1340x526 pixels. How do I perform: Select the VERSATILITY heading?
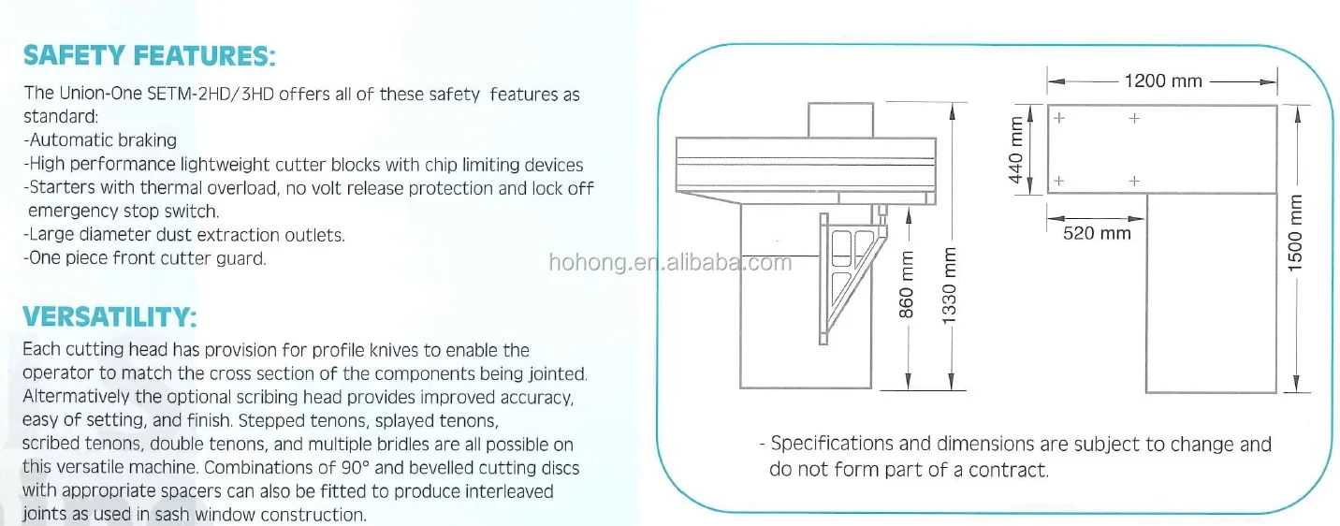click(x=109, y=318)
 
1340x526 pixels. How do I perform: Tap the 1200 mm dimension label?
click(x=1163, y=81)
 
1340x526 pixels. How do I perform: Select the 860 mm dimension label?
click(x=907, y=289)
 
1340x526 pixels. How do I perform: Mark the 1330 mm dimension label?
click(x=950, y=289)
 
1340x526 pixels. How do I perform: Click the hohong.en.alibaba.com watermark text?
click(x=670, y=263)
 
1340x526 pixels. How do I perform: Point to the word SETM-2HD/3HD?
click(x=206, y=94)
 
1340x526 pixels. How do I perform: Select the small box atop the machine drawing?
click(x=839, y=120)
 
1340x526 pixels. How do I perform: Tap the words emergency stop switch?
click(x=123, y=212)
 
